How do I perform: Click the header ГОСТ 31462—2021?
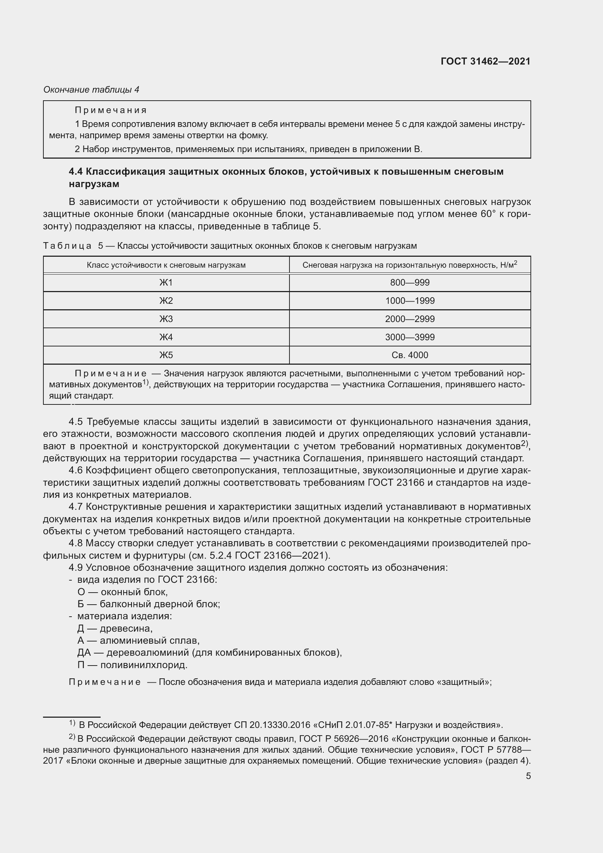click(x=485, y=61)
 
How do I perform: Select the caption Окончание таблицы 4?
click(x=92, y=90)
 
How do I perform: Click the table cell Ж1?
click(x=166, y=283)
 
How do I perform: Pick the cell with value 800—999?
click(x=409, y=283)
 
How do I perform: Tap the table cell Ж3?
click(x=166, y=319)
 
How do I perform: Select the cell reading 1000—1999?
click(x=409, y=301)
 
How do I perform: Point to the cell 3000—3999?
click(x=409, y=337)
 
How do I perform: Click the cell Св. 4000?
click(x=409, y=355)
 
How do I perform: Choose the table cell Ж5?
click(x=166, y=355)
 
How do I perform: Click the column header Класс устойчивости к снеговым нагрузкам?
click(x=166, y=265)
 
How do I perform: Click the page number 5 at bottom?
click(x=528, y=776)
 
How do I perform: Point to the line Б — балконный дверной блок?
click(x=148, y=604)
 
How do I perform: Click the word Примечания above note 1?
click(x=111, y=110)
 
